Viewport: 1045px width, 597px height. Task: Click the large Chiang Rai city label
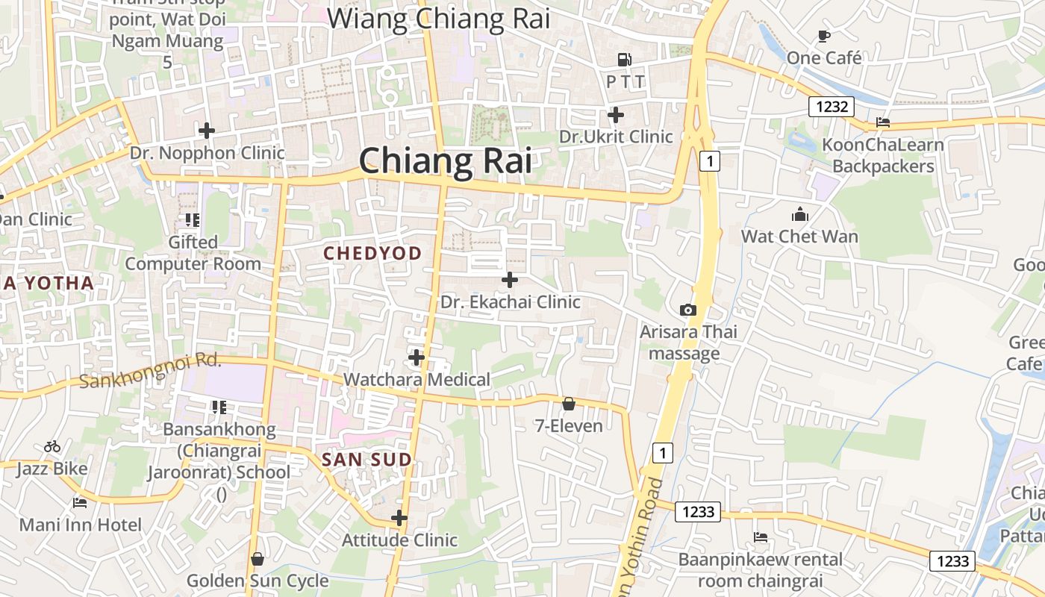coord(446,161)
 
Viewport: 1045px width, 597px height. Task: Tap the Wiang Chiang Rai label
coord(439,19)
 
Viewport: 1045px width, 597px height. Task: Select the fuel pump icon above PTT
coord(624,59)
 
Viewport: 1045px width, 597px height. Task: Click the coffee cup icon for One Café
coord(824,36)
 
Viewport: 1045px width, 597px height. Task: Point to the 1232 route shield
coord(832,107)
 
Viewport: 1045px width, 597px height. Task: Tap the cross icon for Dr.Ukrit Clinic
coord(616,115)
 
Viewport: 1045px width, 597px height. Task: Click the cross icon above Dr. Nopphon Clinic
coord(207,131)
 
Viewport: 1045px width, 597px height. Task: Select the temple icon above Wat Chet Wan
coord(800,215)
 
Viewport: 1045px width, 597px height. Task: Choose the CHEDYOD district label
coord(372,254)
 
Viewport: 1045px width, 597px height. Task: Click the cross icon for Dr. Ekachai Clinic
coord(510,280)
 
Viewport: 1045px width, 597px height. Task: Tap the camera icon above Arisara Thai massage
coord(687,310)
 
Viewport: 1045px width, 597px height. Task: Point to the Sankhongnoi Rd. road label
coord(151,370)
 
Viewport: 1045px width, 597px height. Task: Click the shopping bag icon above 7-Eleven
coord(569,404)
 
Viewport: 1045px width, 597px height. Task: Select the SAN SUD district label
coord(366,460)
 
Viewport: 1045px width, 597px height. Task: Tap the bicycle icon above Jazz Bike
coord(52,446)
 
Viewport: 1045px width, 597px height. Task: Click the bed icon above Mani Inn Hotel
coord(80,502)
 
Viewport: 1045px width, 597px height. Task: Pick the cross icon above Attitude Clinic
coord(399,517)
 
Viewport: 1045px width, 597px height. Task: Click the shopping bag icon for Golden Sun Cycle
coord(258,558)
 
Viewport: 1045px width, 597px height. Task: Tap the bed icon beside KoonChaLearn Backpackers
coord(883,122)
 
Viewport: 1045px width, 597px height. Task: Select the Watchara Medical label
coord(417,380)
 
